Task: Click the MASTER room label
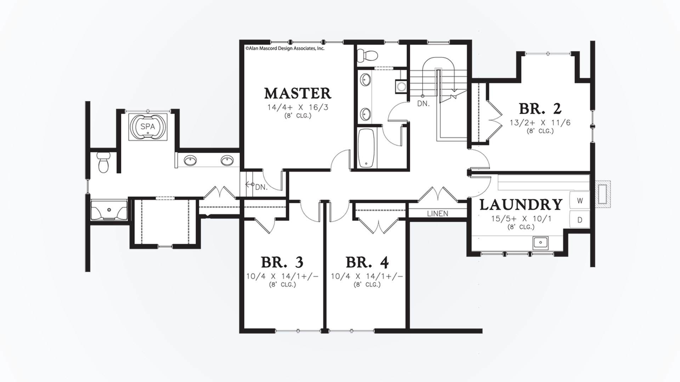(x=297, y=93)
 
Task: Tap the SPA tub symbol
(x=148, y=126)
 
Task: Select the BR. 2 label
(x=540, y=109)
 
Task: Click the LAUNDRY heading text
(x=521, y=205)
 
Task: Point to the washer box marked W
(x=580, y=201)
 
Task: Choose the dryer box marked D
(x=580, y=220)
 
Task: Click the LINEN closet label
(x=437, y=213)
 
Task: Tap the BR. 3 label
(x=282, y=262)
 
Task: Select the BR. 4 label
(x=367, y=262)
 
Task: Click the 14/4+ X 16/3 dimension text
(x=297, y=107)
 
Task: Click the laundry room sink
(x=540, y=243)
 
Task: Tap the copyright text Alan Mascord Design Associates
(x=285, y=48)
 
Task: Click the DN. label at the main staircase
(x=423, y=104)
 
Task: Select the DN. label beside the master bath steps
(x=261, y=187)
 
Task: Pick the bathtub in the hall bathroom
(x=366, y=148)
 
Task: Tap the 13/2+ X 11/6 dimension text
(x=540, y=123)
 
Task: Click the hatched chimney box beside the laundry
(x=602, y=193)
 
